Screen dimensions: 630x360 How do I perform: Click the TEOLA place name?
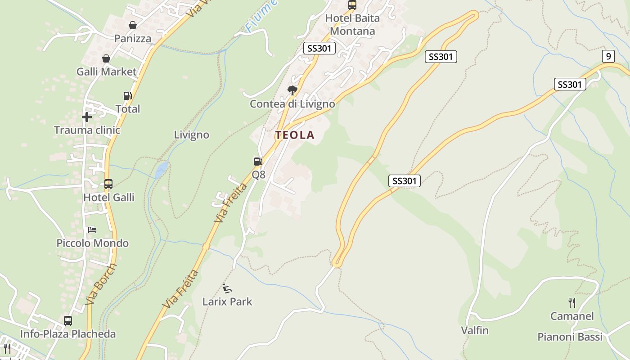pos(295,135)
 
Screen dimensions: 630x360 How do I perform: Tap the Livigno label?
pos(192,135)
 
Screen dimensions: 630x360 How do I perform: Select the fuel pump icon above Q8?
pos(258,162)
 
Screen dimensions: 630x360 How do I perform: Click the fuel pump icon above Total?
pos(128,96)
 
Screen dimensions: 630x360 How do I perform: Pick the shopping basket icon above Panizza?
pos(133,26)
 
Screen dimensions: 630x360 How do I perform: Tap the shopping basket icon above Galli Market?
pos(106,59)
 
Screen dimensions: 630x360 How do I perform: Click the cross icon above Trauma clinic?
pos(87,117)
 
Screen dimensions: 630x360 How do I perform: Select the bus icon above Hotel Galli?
pos(108,184)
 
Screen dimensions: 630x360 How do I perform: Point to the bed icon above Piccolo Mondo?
pos(92,230)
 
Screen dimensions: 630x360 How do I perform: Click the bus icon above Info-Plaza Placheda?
pos(68,321)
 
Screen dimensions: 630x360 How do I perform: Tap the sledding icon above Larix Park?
pos(227,288)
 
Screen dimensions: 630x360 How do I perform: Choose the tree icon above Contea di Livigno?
pos(292,90)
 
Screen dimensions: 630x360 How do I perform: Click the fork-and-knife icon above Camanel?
pos(572,303)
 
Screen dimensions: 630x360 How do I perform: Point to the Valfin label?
pos(475,330)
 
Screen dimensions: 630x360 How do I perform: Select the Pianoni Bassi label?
pos(570,337)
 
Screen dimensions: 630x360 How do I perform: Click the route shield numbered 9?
pos(608,56)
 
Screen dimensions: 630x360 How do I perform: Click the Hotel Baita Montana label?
pos(352,25)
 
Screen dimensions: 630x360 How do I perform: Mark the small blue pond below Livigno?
pos(161,169)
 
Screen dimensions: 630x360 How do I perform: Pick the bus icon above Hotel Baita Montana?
pos(352,5)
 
